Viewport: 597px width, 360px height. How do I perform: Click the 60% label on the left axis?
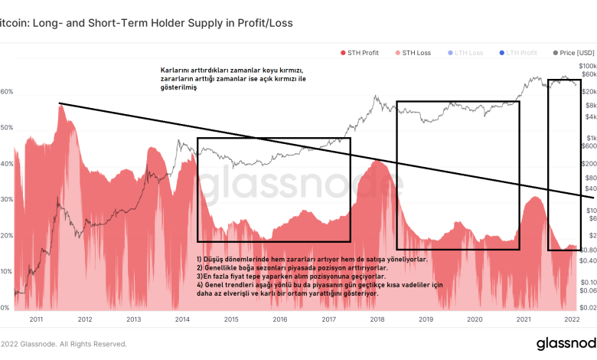(x=7, y=92)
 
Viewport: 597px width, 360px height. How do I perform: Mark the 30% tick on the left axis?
(x=7, y=199)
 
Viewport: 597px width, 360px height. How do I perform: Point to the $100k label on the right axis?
(x=586, y=67)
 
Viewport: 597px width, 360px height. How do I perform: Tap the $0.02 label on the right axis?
(x=587, y=307)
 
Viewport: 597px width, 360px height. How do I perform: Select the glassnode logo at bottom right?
(x=566, y=343)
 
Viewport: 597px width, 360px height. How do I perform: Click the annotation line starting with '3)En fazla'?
(x=290, y=277)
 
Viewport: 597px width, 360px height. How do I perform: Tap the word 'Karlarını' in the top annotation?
(x=176, y=70)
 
